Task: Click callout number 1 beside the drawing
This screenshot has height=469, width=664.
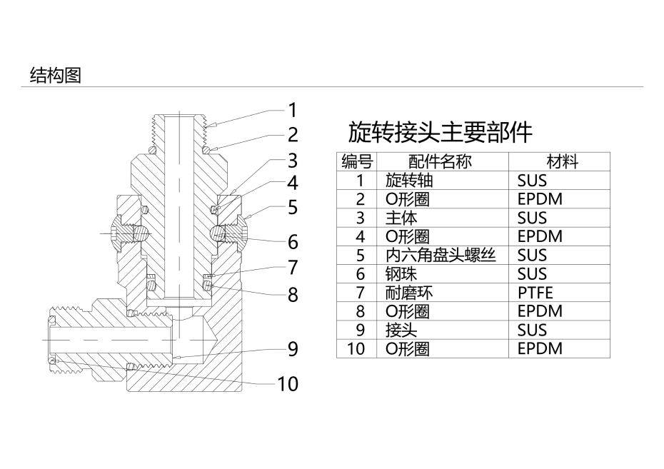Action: [293, 110]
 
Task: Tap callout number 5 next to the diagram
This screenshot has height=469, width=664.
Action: [293, 208]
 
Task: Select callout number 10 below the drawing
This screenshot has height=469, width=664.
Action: [288, 384]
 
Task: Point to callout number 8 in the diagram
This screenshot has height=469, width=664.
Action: [293, 295]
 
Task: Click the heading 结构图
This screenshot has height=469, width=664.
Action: [55, 76]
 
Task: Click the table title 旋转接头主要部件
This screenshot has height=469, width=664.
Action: [440, 132]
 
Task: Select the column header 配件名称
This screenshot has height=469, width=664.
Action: [440, 161]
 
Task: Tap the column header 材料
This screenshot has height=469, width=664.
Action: [563, 161]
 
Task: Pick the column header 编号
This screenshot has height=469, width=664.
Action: [357, 161]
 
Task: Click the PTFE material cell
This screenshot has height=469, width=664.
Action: [535, 293]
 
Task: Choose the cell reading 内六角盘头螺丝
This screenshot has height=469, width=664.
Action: [441, 256]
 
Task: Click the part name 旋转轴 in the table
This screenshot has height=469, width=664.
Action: [409, 181]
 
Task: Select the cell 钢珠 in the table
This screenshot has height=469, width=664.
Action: [401, 274]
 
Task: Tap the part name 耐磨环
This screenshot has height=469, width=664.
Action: [409, 293]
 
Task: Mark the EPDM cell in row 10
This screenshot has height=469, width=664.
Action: [540, 348]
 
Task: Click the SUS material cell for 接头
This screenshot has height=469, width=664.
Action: [532, 330]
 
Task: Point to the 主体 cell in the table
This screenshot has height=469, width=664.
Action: [401, 218]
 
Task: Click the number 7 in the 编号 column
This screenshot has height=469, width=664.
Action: [360, 293]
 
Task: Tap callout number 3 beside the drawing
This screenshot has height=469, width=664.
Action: [293, 161]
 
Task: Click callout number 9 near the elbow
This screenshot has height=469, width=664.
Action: [293, 349]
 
